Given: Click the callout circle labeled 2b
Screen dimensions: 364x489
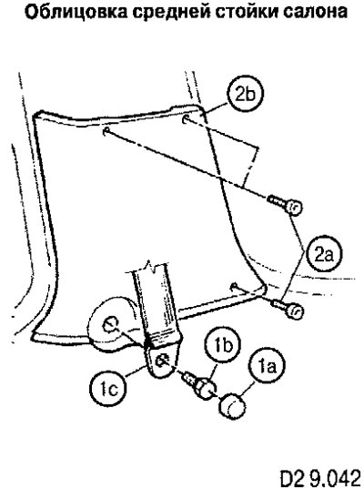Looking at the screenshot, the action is tap(245, 94).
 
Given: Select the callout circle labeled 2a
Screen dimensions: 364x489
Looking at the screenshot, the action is tap(324, 254).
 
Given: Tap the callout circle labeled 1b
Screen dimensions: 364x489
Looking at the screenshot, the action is tap(224, 345).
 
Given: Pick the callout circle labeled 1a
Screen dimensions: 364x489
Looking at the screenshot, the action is tap(267, 366).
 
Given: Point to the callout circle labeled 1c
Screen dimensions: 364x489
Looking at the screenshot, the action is tap(108, 388).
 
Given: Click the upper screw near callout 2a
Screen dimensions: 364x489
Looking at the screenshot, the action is tap(285, 204).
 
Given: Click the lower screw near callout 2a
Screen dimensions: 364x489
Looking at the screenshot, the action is tap(288, 309).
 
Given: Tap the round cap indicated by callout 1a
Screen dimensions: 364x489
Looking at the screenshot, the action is tap(232, 405).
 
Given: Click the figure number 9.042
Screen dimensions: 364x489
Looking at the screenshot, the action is tap(334, 477).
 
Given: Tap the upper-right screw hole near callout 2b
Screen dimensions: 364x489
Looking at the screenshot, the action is tap(186, 118).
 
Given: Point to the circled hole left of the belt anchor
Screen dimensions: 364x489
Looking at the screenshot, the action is tap(110, 325).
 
